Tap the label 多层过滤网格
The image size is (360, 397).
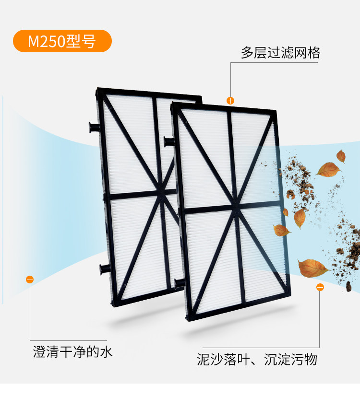coord(280,53)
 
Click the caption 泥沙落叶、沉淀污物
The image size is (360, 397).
coord(257,359)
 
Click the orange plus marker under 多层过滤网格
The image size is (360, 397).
coord(230,100)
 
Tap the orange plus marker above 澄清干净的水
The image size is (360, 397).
coord(30,279)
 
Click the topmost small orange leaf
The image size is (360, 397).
coord(341,156)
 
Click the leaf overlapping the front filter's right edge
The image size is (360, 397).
coord(282,230)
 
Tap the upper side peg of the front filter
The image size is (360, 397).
coord(168,141)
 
